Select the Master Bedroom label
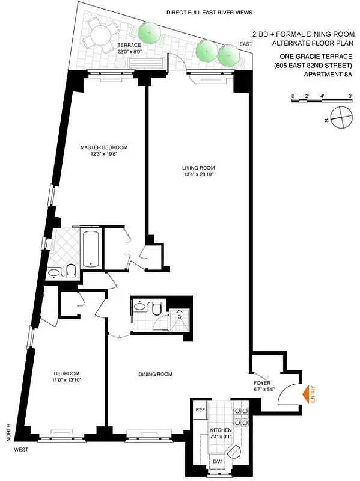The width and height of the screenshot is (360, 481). (x=105, y=147)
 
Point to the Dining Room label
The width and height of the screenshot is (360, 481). (x=156, y=374)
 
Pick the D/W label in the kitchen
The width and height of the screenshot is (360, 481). (x=217, y=462)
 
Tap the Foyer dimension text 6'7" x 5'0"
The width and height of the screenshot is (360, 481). (x=265, y=388)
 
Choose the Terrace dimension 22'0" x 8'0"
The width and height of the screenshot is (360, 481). (x=129, y=52)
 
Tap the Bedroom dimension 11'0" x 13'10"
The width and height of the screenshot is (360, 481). (x=65, y=381)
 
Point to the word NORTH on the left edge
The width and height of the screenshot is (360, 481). (x=8, y=432)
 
